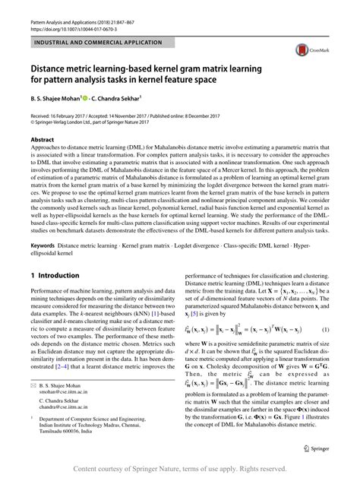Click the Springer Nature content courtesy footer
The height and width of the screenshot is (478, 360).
pos(179,466)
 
